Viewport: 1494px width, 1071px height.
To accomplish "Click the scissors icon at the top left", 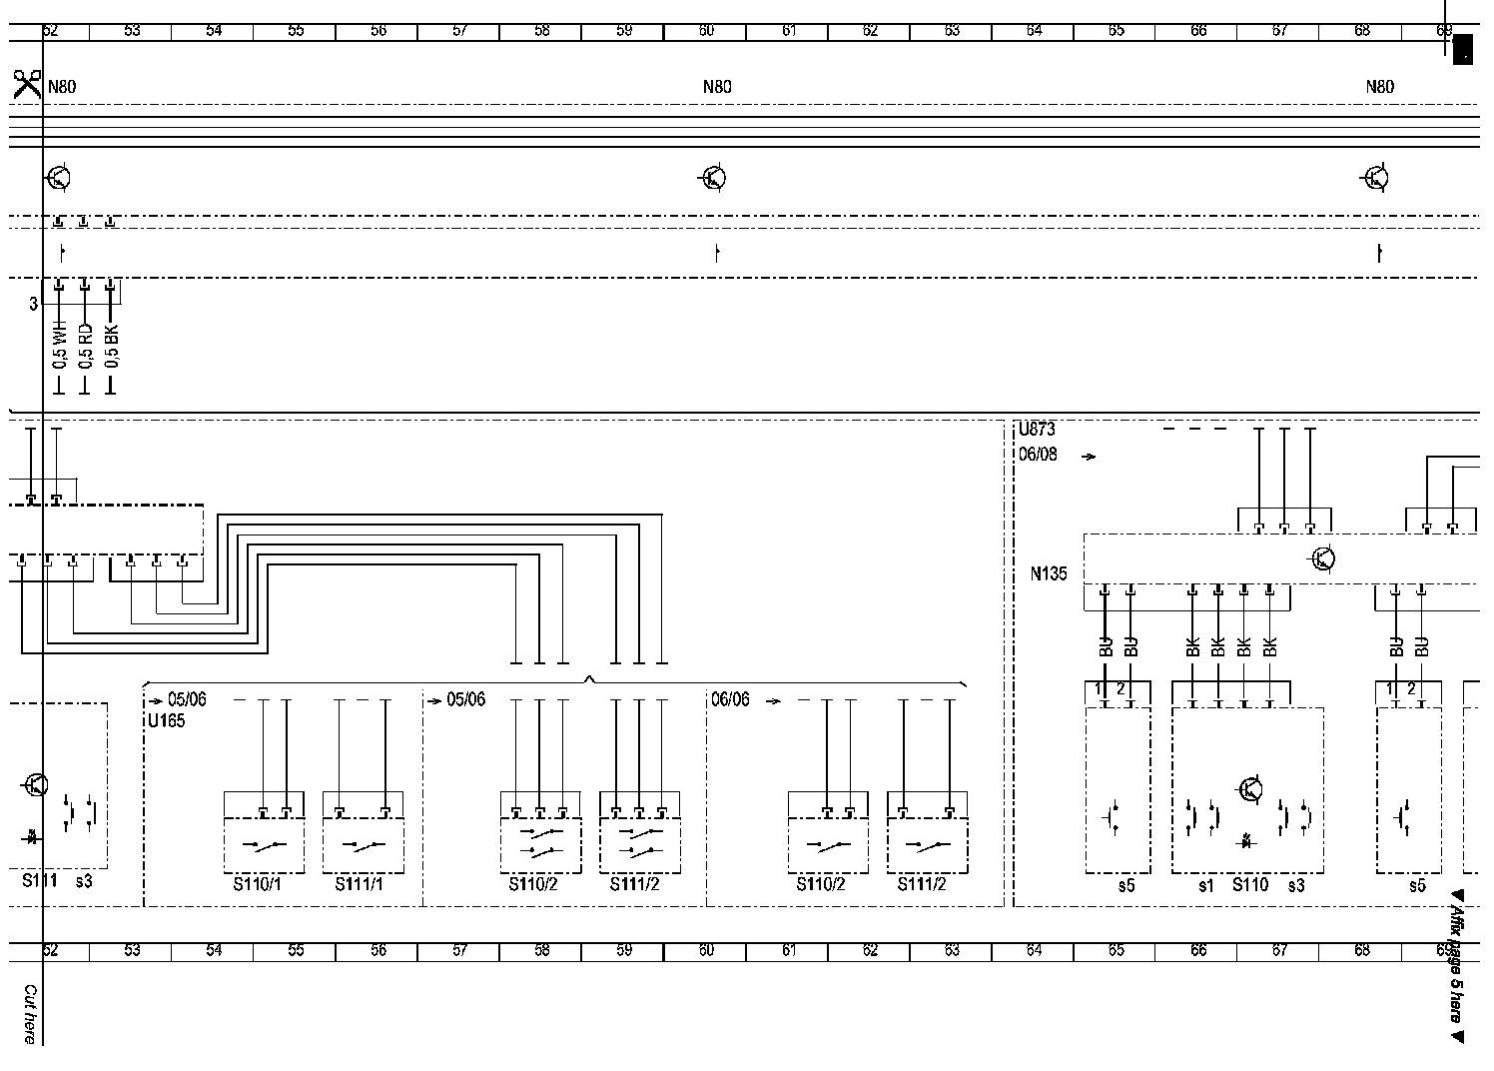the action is [27, 83].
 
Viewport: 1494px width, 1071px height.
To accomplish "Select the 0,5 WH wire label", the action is [59, 346].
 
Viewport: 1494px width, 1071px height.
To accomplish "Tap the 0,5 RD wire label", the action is [85, 346].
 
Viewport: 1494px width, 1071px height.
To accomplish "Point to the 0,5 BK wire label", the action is [111, 346].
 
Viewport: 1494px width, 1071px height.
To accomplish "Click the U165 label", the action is [166, 720].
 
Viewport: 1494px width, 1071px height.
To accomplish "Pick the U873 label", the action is [1037, 430].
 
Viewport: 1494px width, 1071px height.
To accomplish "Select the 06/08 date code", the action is [1038, 455].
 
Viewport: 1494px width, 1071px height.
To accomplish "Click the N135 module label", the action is [1049, 573].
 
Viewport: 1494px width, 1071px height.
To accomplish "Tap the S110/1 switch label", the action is [258, 884].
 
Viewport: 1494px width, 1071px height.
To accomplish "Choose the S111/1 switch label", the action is [359, 884].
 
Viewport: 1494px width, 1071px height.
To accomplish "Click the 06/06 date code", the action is [730, 699].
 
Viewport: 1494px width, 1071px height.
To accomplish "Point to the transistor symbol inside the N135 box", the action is [1323, 558].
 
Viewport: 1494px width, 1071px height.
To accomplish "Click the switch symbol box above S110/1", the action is [264, 846].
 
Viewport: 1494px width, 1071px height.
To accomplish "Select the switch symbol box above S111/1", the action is [363, 846].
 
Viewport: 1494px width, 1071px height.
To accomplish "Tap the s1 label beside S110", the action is [1205, 885].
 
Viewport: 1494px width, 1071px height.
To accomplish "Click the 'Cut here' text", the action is [30, 1014].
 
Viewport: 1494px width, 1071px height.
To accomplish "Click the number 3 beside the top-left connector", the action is [33, 303].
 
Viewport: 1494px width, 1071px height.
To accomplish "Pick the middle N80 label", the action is [717, 87].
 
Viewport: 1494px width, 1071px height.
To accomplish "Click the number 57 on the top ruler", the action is [459, 31].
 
